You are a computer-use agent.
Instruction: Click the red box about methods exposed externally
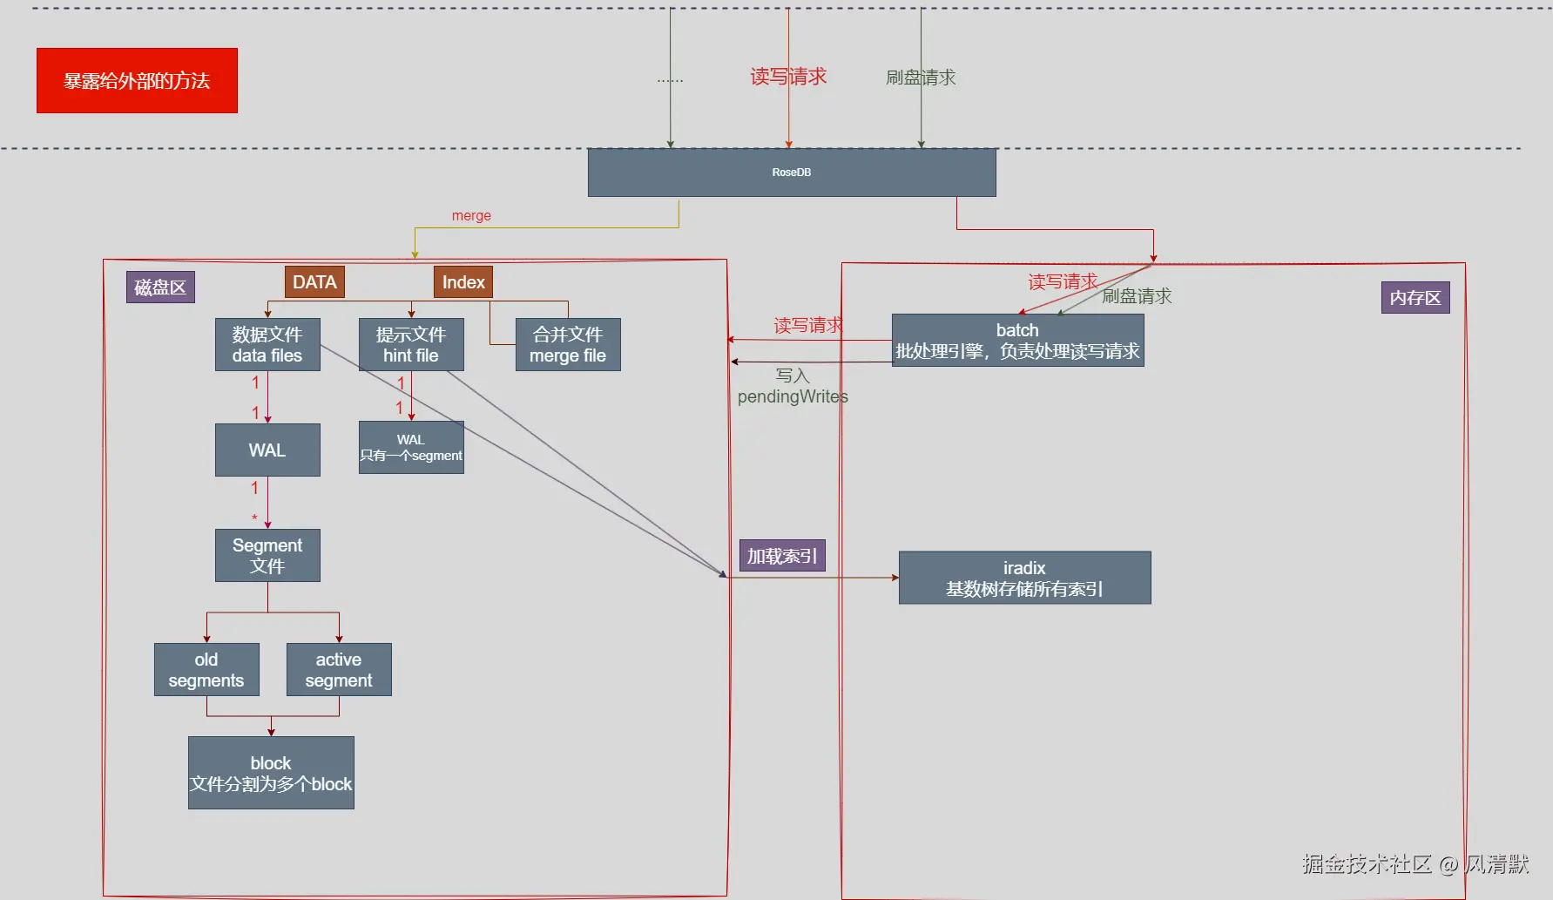[x=137, y=80]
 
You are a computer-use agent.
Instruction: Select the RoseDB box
[x=791, y=173]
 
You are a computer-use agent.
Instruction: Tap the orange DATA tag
[x=314, y=282]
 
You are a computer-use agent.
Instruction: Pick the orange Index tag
[x=463, y=282]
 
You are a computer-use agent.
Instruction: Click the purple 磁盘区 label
[x=160, y=288]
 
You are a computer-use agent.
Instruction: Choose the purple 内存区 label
[x=1415, y=298]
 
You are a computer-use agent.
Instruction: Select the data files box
[x=267, y=345]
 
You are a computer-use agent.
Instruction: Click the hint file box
[x=411, y=345]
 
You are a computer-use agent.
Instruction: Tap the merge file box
[x=568, y=345]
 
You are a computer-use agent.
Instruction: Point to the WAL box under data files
[x=267, y=450]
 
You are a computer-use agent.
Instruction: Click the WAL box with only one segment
[x=411, y=448]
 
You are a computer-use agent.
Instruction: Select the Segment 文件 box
[x=267, y=556]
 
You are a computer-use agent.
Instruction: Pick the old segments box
[x=206, y=670]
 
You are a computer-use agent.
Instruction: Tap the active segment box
[x=339, y=670]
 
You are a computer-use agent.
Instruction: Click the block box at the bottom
[x=271, y=774]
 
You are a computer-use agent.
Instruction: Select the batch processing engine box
[x=1017, y=341]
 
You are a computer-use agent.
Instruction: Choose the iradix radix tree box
[x=1024, y=578]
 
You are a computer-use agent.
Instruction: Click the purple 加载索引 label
[x=781, y=556]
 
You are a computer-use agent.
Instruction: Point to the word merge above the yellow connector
[x=471, y=216]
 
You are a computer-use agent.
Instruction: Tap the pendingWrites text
[x=793, y=397]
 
